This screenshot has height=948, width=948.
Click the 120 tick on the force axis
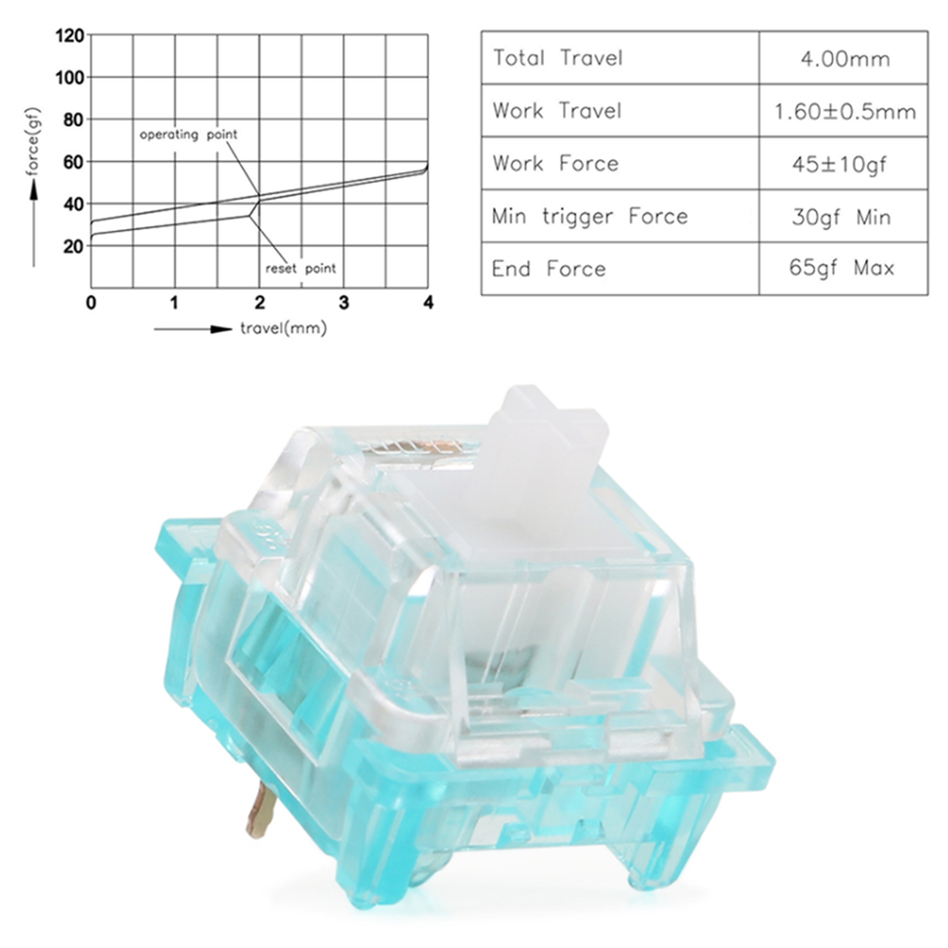click(x=70, y=36)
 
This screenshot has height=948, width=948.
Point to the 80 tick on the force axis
click(x=74, y=120)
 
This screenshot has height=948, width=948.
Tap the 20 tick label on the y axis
click(x=74, y=246)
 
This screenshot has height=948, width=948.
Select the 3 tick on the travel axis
click(x=344, y=303)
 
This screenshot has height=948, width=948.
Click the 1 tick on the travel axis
click(x=174, y=303)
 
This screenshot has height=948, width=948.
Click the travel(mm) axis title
click(x=284, y=328)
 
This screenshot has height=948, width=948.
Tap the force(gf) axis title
click(x=33, y=141)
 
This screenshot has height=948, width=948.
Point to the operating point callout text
click(x=188, y=134)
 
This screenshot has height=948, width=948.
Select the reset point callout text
click(x=300, y=268)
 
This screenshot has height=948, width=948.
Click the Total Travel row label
click(x=558, y=58)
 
